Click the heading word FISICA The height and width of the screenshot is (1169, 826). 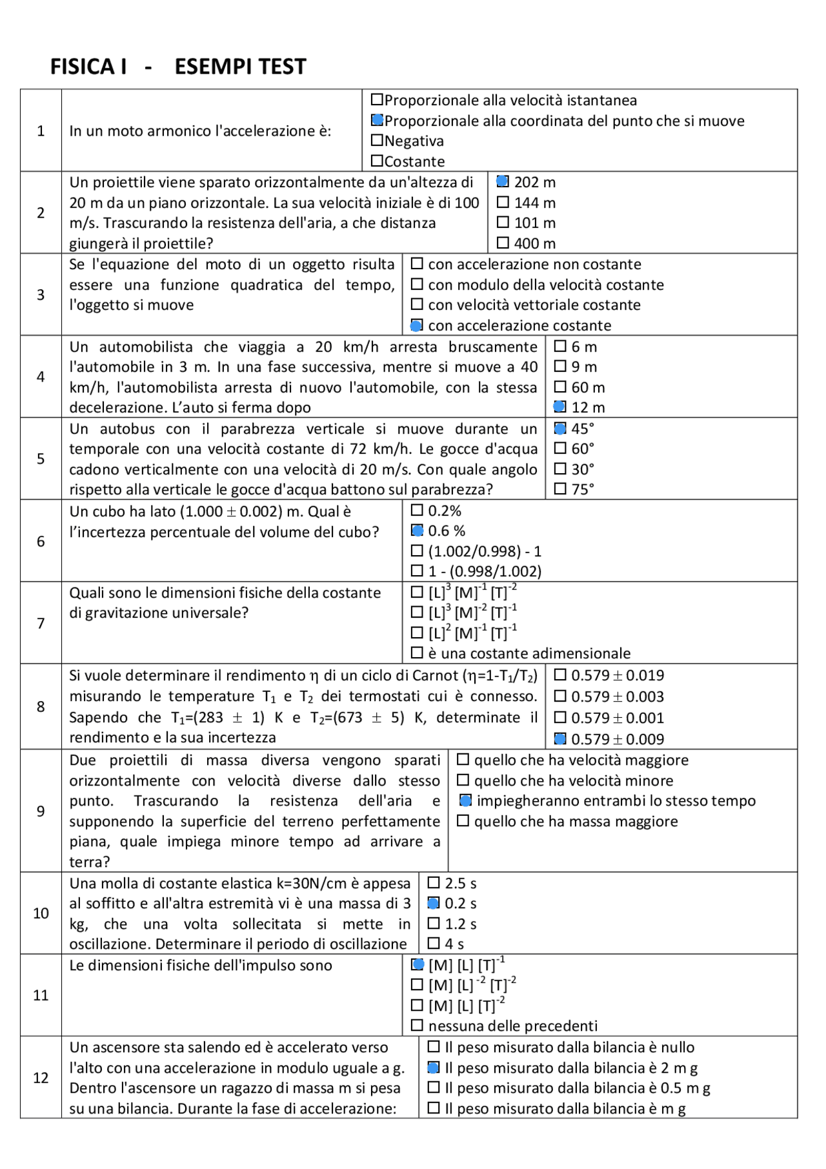[x=88, y=66]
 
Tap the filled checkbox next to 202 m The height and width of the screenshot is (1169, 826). [x=503, y=182]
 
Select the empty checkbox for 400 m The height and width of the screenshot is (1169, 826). [x=503, y=243]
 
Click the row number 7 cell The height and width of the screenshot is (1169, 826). [x=41, y=623]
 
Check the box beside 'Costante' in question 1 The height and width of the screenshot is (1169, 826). [x=378, y=161]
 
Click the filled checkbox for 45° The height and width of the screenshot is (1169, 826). [x=560, y=429]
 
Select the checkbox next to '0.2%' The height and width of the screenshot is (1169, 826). [x=417, y=511]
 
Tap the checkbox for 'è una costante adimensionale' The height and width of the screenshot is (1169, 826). [x=417, y=653]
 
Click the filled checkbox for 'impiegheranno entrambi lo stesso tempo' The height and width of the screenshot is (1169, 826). [x=465, y=801]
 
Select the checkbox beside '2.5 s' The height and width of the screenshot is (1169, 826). [x=434, y=883]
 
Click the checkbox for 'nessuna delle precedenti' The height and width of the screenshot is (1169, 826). [x=417, y=1026]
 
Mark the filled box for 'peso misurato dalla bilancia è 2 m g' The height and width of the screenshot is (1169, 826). [x=434, y=1068]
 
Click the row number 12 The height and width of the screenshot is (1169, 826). [x=41, y=1078]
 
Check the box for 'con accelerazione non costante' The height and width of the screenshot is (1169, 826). [x=417, y=264]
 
